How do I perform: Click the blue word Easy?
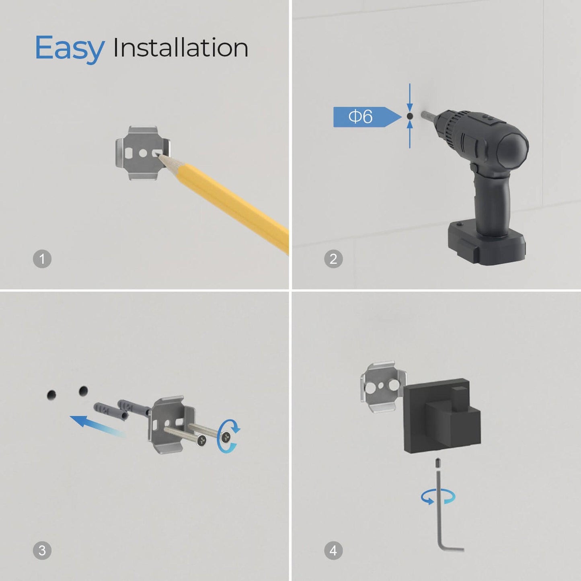coord(70,48)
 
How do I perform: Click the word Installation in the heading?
coord(181,47)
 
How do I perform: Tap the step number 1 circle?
coord(42,259)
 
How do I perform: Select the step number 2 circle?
coord(333,259)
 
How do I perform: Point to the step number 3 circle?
coord(42,550)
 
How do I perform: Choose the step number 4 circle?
coord(333,550)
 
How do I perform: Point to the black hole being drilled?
coord(409,116)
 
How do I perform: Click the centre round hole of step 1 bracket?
coord(143,153)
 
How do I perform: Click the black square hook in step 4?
coord(442,416)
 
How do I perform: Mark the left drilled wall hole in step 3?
coord(51,395)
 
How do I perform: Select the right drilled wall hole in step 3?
coord(83,391)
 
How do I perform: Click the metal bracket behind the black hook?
coord(382,388)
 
